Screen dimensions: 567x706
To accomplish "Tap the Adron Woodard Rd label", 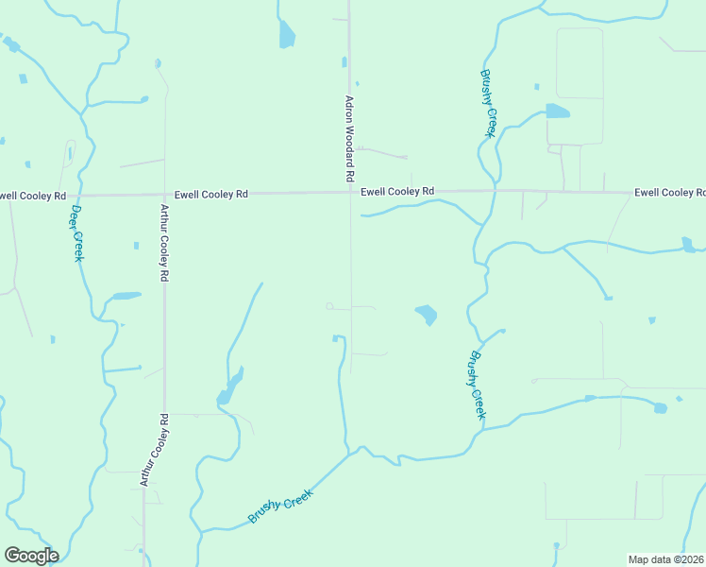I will pyautogui.click(x=349, y=138).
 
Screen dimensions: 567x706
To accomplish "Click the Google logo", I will pyautogui.click(x=31, y=556).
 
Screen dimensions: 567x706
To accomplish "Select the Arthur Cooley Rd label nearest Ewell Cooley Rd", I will pyautogui.click(x=164, y=244).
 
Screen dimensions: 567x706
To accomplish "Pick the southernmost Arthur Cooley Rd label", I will pyautogui.click(x=154, y=450).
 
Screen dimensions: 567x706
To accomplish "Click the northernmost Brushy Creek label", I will pyautogui.click(x=487, y=104).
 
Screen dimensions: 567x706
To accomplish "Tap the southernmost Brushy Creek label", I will pyautogui.click(x=280, y=501).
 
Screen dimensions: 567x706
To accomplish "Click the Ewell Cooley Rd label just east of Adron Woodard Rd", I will pyautogui.click(x=397, y=191).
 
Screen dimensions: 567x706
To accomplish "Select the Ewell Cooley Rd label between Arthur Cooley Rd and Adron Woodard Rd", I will pyautogui.click(x=210, y=193).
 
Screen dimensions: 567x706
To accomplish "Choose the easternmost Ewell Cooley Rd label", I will pyautogui.click(x=670, y=193).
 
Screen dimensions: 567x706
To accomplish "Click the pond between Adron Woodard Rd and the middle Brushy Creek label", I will pyautogui.click(x=426, y=314).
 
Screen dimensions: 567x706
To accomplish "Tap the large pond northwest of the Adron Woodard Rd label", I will pyautogui.click(x=286, y=35).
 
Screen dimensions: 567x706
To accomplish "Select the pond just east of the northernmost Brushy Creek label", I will pyautogui.click(x=557, y=112).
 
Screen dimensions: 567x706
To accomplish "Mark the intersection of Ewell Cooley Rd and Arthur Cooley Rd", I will pyautogui.click(x=163, y=194).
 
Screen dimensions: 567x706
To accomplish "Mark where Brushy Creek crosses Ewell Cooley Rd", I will pyautogui.click(x=494, y=191).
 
